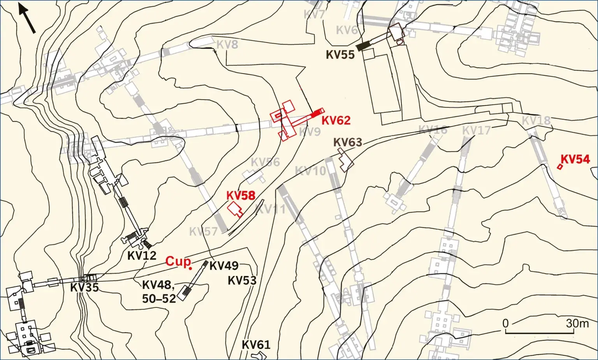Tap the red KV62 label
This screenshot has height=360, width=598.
click(x=336, y=120)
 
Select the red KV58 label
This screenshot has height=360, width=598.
click(x=241, y=195)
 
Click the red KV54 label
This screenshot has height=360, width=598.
click(x=575, y=159)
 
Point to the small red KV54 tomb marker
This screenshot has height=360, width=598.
click(x=560, y=167)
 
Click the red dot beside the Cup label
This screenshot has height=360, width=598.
click(x=190, y=268)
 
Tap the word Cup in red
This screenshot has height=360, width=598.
click(x=178, y=261)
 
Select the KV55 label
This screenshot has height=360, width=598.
click(x=340, y=55)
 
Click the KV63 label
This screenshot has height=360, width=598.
click(x=348, y=142)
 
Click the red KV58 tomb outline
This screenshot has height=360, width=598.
click(x=235, y=209)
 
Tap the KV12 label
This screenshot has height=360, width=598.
click(x=142, y=256)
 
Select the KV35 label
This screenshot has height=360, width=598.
click(x=84, y=288)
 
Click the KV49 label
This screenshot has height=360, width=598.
click(x=224, y=265)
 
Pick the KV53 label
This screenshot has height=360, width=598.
click(x=242, y=280)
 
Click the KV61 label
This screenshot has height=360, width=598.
click(x=256, y=345)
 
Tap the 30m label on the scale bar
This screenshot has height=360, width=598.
click(x=577, y=323)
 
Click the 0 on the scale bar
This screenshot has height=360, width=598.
click(x=505, y=323)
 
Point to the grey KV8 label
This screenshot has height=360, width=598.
click(x=227, y=45)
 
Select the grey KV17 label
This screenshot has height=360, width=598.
click(x=476, y=130)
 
